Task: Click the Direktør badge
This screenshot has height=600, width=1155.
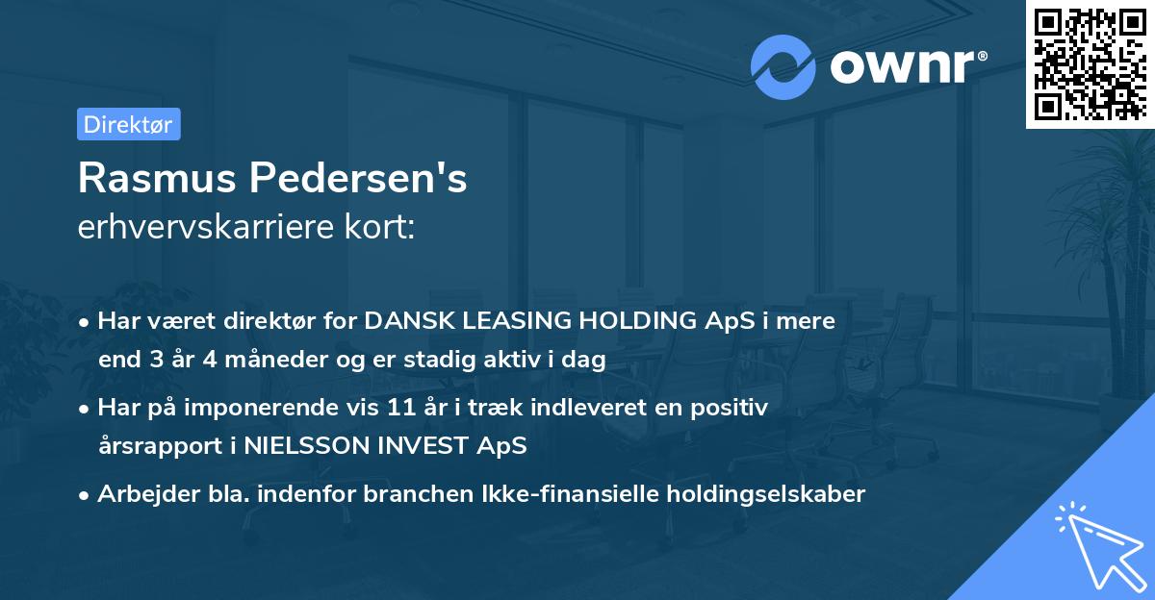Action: point(128,124)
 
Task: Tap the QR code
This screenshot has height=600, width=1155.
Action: point(1089,63)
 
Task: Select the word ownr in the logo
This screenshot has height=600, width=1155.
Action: point(906,67)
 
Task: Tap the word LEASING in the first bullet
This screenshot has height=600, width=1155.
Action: point(478,321)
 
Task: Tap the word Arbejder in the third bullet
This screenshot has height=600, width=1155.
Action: point(139,494)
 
